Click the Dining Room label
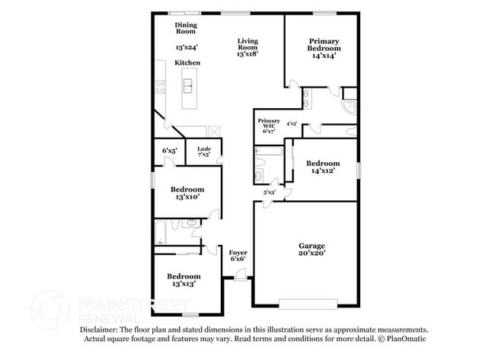point(186,28)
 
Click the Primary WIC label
point(269,124)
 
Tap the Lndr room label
point(203,149)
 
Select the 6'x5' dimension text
point(169,151)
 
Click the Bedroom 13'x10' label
point(187,190)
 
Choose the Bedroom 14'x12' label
point(323,164)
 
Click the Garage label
point(311,245)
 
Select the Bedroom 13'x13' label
point(184,276)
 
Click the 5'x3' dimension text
point(270,193)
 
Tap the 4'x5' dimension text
point(291,123)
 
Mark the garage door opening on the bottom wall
point(309,304)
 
